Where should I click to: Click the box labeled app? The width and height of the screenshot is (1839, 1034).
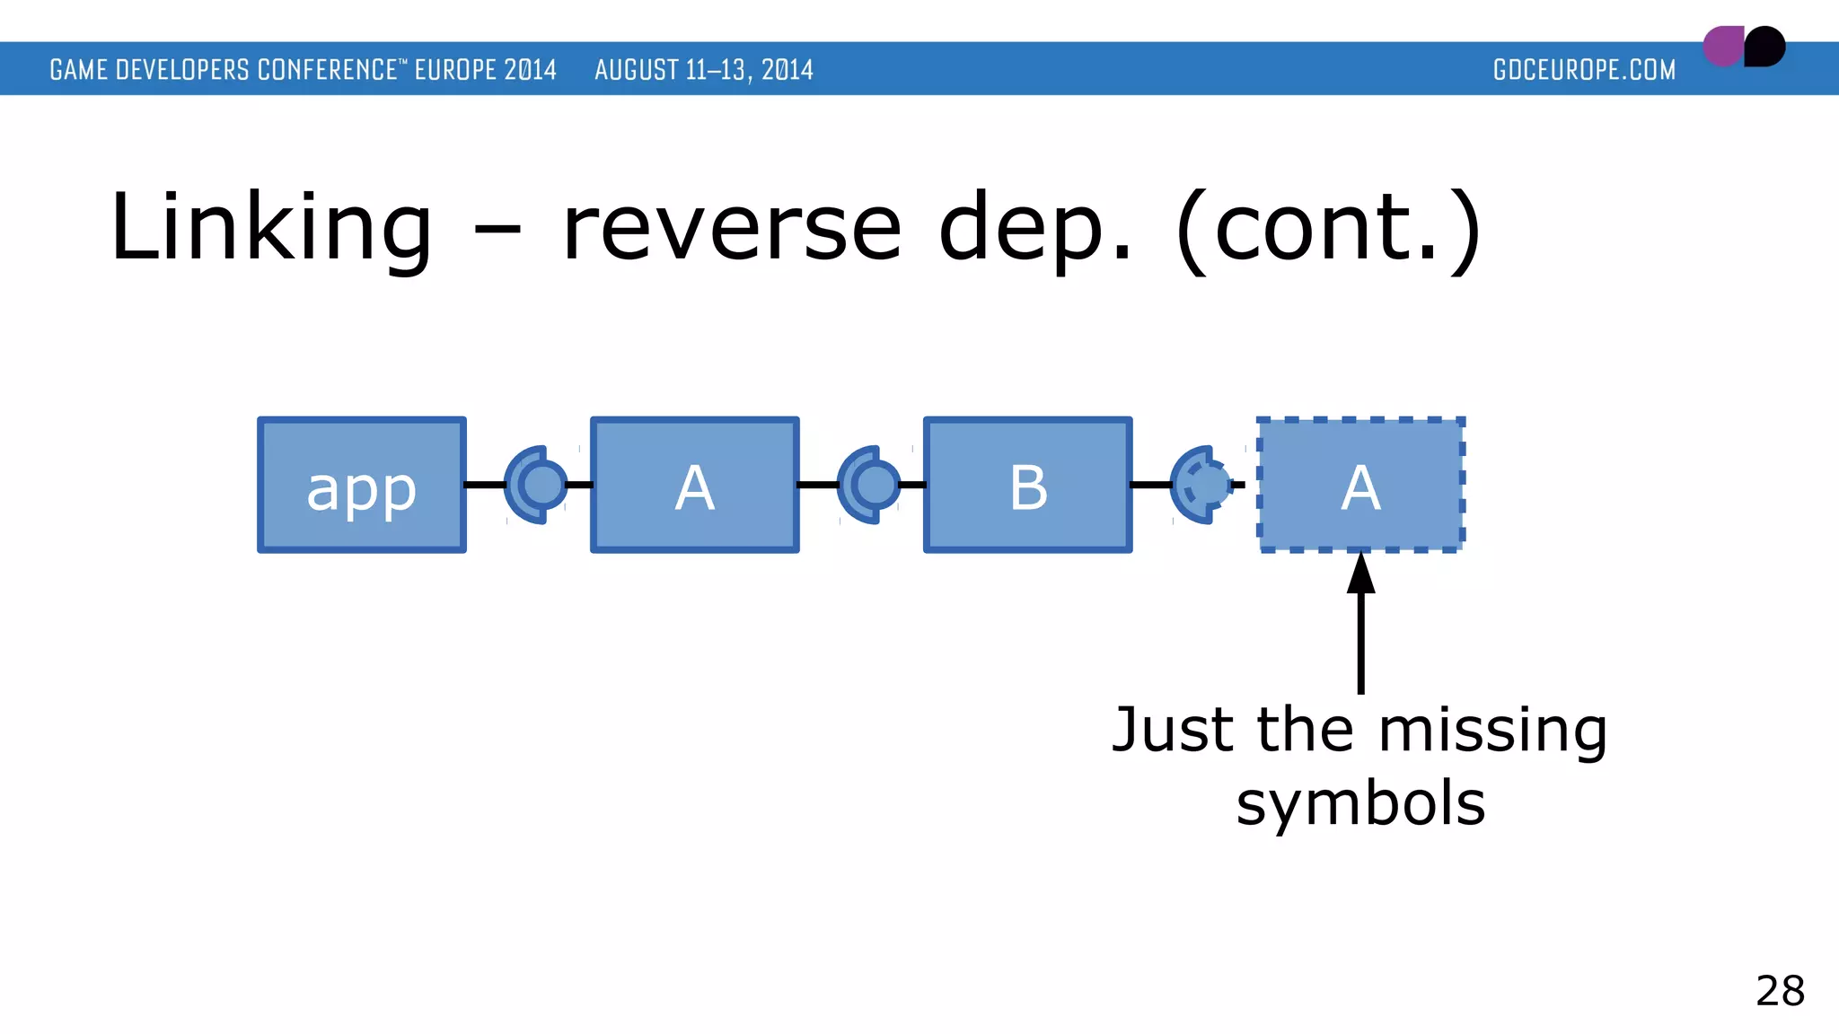tap(361, 485)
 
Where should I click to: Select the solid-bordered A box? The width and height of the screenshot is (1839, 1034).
tap(694, 485)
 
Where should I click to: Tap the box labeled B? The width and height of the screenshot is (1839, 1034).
tap(1027, 485)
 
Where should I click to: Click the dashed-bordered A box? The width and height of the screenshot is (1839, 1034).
tap(1360, 485)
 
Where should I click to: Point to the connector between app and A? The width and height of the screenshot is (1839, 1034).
tap(537, 485)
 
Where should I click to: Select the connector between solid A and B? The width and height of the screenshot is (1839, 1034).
tap(870, 485)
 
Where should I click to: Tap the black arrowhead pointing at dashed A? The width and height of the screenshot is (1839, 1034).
tap(1361, 574)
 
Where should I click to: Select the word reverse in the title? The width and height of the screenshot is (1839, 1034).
tap(732, 228)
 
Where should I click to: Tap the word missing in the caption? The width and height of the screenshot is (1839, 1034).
tap(1492, 731)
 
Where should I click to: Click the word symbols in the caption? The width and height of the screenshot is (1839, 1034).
tap(1360, 803)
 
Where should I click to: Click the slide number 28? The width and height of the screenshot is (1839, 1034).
tap(1780, 991)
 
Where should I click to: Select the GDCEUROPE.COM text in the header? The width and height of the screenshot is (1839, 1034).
tap(1584, 70)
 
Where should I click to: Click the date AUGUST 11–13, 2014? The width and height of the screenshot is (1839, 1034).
tap(704, 70)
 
